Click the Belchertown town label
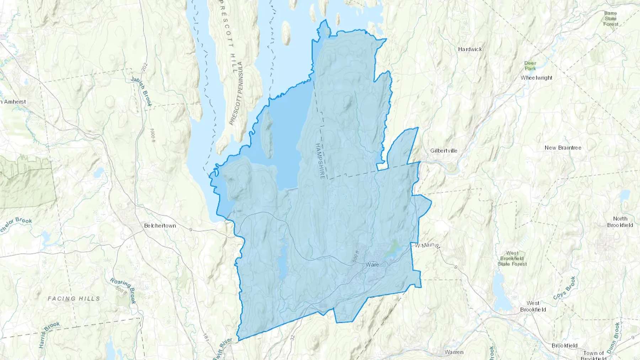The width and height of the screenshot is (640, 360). [160, 226]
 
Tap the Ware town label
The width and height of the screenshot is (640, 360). [372, 264]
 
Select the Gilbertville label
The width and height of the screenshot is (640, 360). [444, 151]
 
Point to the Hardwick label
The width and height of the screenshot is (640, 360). [470, 49]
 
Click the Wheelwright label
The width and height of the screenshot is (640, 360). [537, 78]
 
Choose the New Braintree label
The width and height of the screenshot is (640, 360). [563, 148]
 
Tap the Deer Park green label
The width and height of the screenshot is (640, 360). [530, 66]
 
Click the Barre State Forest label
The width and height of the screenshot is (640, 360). [610, 18]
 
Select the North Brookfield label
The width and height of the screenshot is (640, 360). [620, 222]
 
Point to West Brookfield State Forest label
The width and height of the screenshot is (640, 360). [512, 259]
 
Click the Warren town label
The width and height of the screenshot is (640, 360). [454, 352]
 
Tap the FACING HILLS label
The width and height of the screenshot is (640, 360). [74, 299]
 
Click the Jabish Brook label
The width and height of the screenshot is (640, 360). [142, 91]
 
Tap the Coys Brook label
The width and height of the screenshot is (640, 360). [564, 288]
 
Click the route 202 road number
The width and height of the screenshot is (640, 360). [144, 67]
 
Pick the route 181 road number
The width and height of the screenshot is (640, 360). [206, 338]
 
